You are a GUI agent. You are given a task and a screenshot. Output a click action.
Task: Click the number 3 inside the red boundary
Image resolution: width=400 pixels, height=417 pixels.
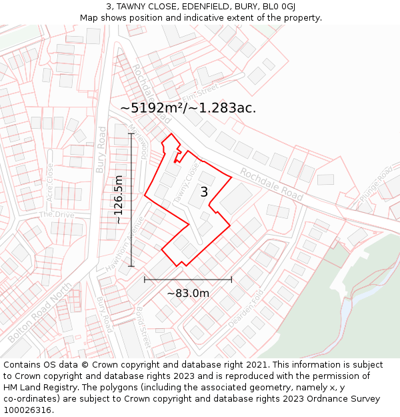[204, 192]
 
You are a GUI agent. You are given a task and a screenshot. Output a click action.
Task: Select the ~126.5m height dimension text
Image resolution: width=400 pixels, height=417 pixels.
[119, 199]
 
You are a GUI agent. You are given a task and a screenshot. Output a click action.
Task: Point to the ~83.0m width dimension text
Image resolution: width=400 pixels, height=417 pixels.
[188, 293]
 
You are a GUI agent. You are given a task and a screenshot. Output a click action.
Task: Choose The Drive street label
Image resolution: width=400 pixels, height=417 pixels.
[56, 214]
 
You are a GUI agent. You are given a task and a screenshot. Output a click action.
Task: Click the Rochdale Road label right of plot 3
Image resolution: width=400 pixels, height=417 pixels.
[271, 184]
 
